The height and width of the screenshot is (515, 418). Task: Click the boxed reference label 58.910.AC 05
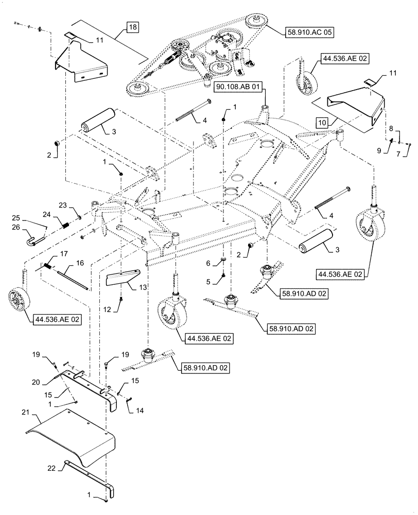point(309,32)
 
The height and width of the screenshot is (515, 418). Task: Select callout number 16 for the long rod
point(79,263)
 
